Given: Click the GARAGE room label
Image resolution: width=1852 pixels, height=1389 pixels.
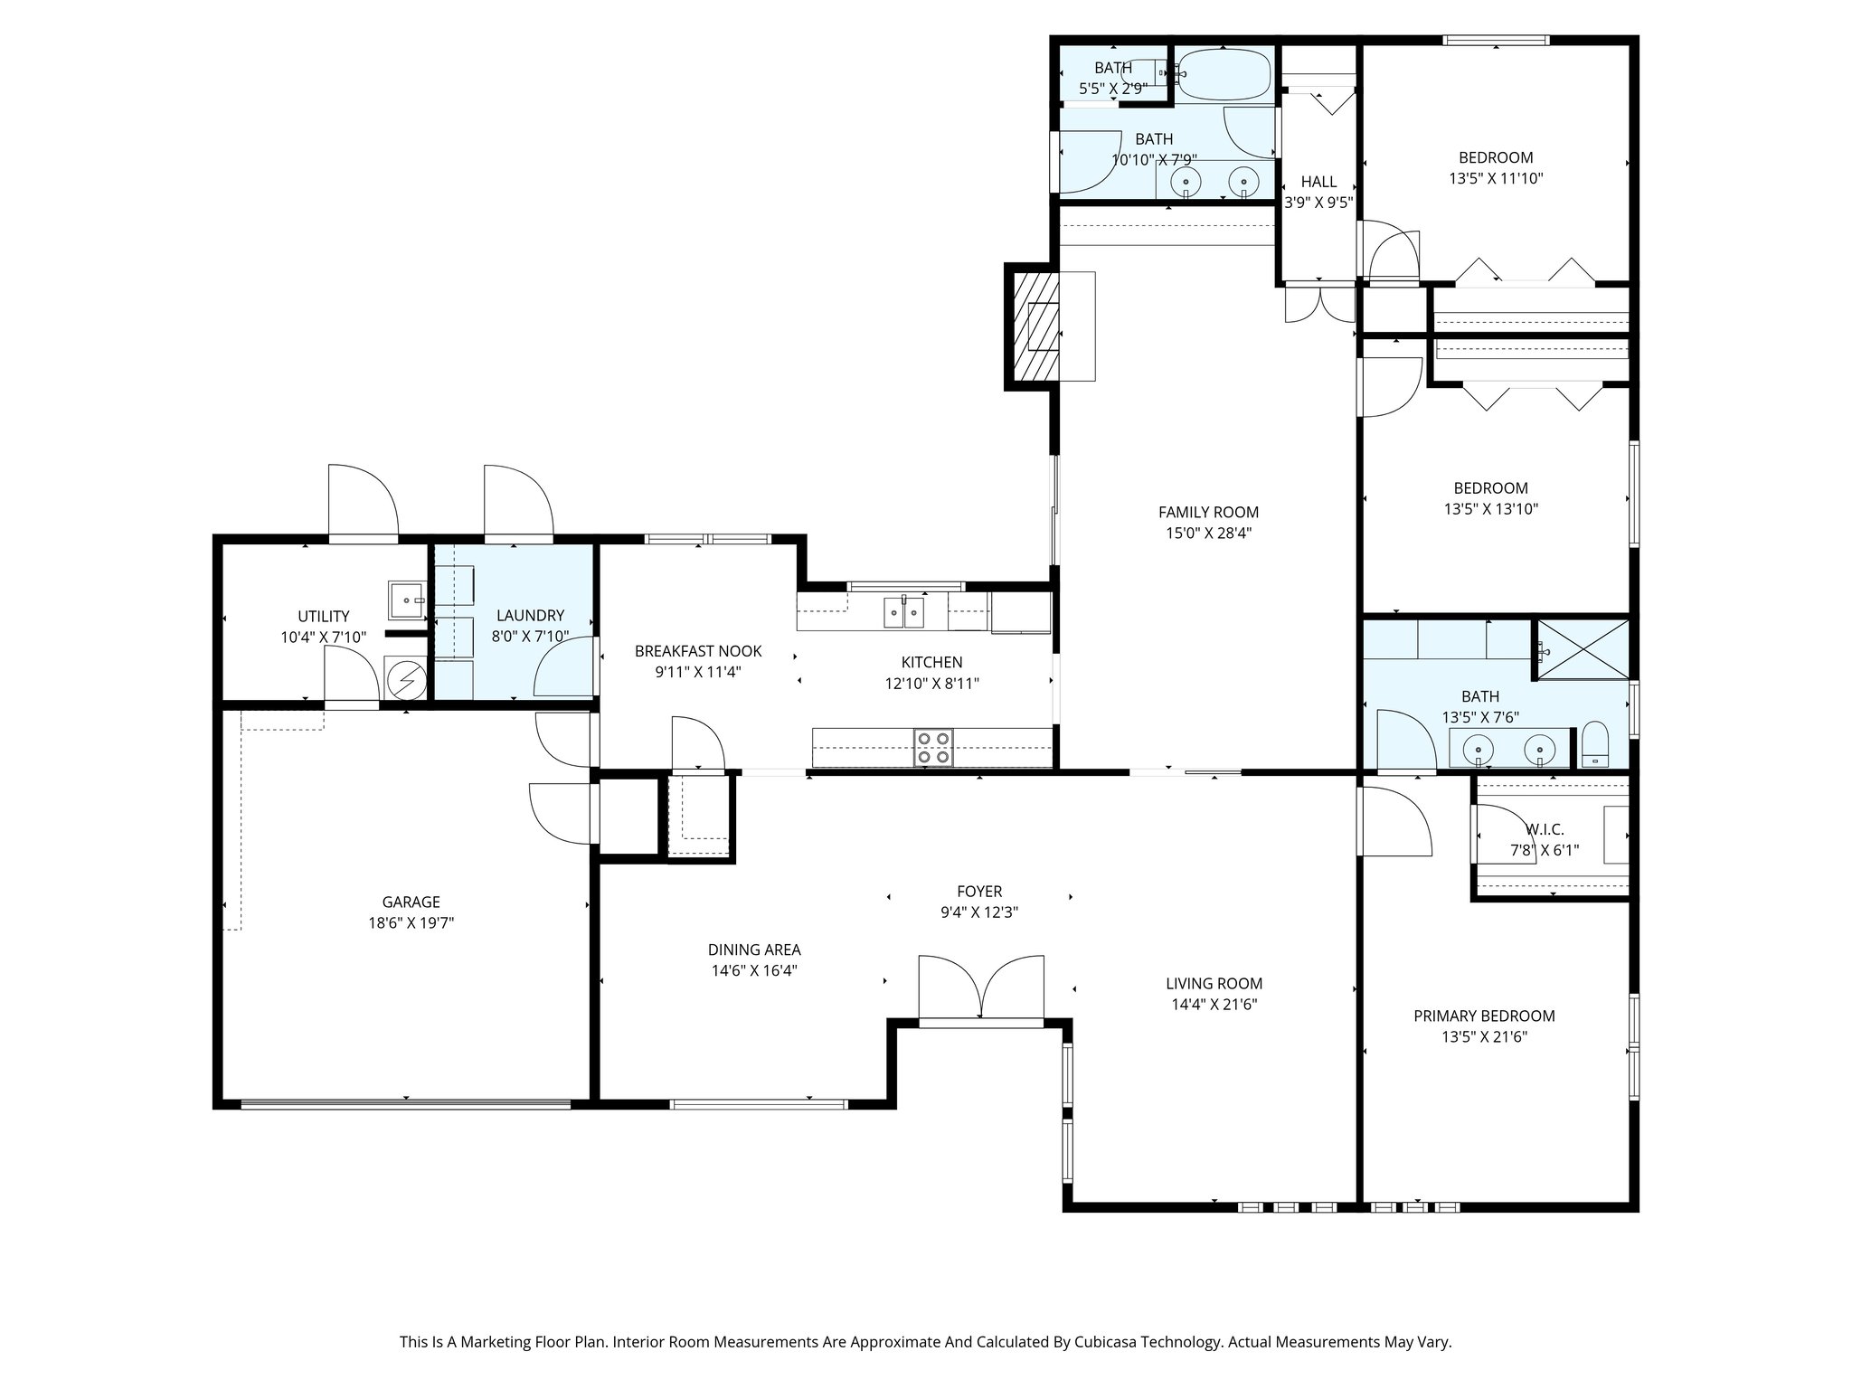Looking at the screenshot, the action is [x=411, y=902].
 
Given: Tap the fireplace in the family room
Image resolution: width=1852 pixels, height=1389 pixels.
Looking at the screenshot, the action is [x=1033, y=325].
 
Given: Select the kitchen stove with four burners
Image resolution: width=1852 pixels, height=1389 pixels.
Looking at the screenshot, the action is [x=934, y=748].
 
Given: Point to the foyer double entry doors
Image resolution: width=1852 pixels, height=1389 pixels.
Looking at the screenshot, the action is [x=981, y=990].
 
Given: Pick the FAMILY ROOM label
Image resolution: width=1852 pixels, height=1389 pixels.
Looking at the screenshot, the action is [x=1208, y=512].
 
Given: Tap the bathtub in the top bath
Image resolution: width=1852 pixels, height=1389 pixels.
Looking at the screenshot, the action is [x=1224, y=74].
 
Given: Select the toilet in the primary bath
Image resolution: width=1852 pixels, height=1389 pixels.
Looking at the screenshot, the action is [x=1594, y=744].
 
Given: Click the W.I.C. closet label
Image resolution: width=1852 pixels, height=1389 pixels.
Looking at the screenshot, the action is [x=1545, y=829].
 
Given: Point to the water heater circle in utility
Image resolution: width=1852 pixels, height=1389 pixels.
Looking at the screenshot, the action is [x=404, y=677].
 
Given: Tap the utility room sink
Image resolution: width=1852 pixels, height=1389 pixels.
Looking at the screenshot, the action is [x=409, y=600].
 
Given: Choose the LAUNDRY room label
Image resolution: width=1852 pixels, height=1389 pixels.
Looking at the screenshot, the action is [x=530, y=615].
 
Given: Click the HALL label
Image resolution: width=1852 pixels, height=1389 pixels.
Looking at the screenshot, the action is [x=1318, y=182].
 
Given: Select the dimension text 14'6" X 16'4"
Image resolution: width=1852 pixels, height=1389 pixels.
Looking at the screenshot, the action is [x=754, y=970].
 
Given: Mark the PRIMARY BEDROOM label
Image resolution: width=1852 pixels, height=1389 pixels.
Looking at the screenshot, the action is [x=1484, y=1016].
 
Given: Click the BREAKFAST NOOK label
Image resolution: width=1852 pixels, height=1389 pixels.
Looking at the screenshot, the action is [x=698, y=650].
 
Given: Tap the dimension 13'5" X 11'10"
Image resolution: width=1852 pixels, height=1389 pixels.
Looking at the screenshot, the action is [x=1496, y=178].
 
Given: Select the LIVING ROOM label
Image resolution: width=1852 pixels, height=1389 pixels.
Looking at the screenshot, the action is [x=1214, y=983].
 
